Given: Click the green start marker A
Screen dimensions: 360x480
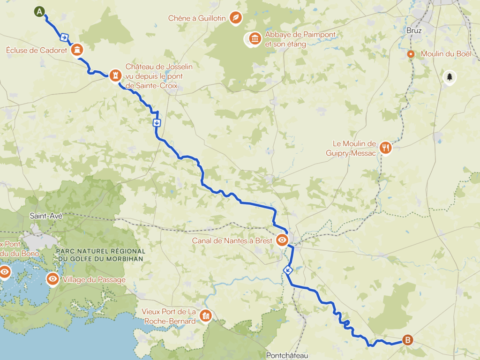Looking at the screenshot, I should [x=40, y=11].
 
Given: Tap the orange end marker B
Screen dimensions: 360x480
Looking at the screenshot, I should [x=408, y=340].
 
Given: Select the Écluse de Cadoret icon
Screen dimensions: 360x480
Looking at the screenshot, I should [x=77, y=50].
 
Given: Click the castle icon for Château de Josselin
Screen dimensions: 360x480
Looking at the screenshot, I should [x=115, y=75].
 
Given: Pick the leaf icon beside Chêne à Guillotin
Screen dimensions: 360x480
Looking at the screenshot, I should [x=237, y=18].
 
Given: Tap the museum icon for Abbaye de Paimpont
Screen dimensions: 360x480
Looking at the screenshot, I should [x=255, y=38].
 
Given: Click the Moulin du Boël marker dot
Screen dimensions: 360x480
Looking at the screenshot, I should [x=411, y=54].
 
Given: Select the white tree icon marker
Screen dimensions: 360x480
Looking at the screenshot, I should [x=450, y=76].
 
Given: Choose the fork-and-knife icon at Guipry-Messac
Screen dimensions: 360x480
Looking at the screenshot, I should [x=385, y=148].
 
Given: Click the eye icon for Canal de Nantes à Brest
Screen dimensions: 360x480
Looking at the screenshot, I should [x=282, y=240].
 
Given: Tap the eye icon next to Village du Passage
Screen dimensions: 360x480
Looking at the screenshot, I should [x=52, y=279].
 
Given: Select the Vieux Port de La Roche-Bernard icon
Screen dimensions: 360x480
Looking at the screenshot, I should [x=205, y=316].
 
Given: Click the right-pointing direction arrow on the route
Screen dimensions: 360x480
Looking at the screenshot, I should [x=64, y=37].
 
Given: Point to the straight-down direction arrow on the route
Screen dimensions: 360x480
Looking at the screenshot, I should [x=157, y=123].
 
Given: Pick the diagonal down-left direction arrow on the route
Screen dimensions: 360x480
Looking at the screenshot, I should [x=288, y=270].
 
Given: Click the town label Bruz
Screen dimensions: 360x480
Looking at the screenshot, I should [x=414, y=30].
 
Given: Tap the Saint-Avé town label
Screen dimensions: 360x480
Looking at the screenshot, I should [x=45, y=216].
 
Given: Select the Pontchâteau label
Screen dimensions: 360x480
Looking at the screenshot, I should [x=287, y=355].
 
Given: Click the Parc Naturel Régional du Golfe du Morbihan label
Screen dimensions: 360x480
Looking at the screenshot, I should [x=100, y=255].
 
